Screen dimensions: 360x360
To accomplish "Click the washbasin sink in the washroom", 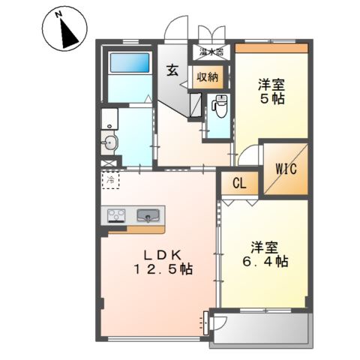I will [x=111, y=142].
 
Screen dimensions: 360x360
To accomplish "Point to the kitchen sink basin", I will [x=148, y=217].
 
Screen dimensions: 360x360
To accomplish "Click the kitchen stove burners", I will [x=117, y=217].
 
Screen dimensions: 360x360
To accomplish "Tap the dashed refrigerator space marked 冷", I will [x=111, y=180].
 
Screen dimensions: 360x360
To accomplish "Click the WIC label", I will [x=284, y=169].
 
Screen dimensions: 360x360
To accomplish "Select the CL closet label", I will [x=238, y=183].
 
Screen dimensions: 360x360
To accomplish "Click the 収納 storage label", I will [x=208, y=76].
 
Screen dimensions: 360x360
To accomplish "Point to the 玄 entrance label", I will [x=172, y=72].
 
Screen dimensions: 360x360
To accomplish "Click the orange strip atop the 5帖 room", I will [x=271, y=49].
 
